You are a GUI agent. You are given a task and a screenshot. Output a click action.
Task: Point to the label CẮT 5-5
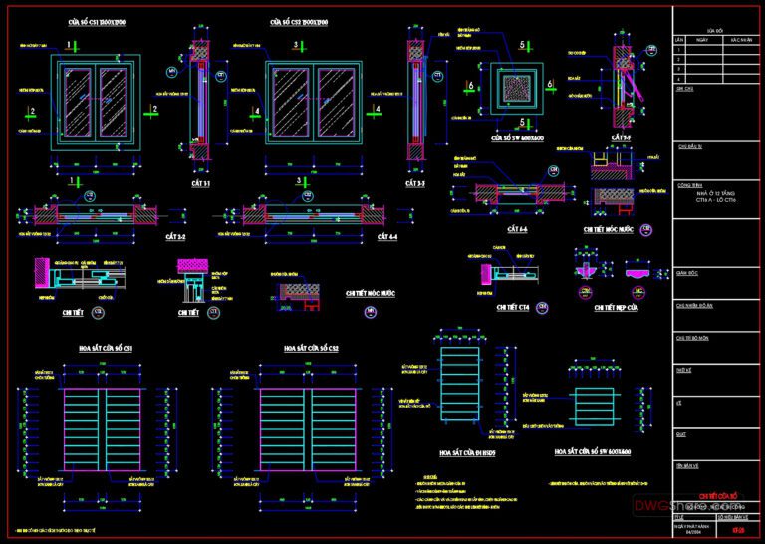[623, 136]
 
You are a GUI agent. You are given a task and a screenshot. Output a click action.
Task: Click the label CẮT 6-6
[517, 228]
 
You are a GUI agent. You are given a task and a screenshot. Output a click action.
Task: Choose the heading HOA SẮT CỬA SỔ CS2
[311, 348]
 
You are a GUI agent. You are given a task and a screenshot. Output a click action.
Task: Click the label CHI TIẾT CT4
[513, 309]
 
